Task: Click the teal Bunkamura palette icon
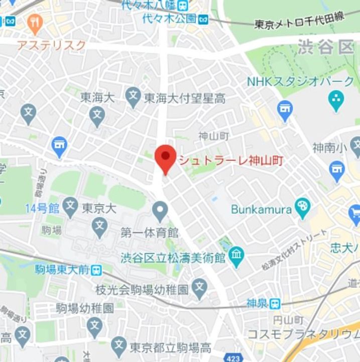coord(303,207)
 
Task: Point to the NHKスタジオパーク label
coord(300,81)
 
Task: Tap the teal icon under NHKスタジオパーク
coord(336,101)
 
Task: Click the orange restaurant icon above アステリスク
coord(35,22)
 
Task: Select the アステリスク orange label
coord(51,45)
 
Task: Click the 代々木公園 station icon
coord(203,19)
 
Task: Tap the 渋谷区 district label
coord(325,48)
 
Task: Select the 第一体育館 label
coord(150,233)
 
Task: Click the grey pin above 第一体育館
coord(160,211)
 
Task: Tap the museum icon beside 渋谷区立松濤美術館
coord(235,258)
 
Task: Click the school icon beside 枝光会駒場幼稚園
coord(200,289)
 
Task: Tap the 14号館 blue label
coord(42,208)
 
